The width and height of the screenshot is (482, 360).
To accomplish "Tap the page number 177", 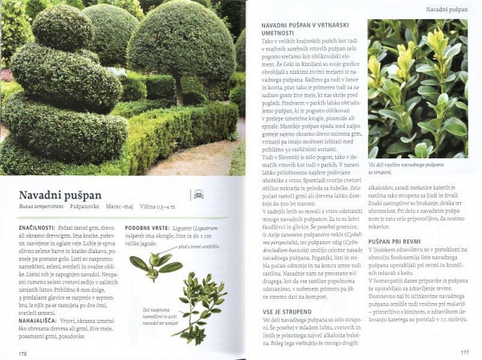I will pyautogui.click(x=464, y=351).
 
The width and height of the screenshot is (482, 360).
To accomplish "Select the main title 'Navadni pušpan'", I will pyautogui.click(x=60, y=194).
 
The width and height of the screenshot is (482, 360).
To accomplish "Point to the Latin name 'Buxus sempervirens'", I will pyautogui.click(x=41, y=207).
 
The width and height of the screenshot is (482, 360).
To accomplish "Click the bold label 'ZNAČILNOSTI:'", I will pyautogui.click(x=34, y=228).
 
